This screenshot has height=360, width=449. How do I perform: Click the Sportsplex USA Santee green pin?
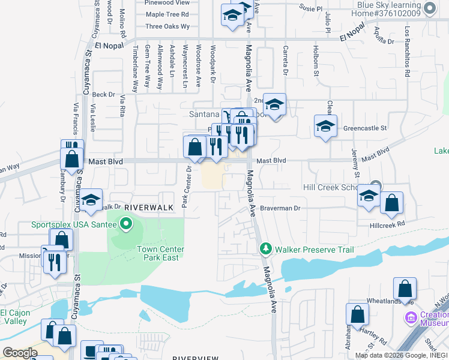coord(125,225)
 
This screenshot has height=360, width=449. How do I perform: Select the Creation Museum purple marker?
coord(411,317)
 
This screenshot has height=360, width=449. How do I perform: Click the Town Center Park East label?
coord(160,253)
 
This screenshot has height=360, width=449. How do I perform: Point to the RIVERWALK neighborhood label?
coord(148,207)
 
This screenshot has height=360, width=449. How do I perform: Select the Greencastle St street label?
coord(365,128)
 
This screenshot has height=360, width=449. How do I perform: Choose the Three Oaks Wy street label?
coord(167,26)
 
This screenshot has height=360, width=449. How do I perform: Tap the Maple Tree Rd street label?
coord(167,14)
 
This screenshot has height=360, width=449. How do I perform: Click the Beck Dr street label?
coord(103,94)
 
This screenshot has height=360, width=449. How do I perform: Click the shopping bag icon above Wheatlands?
coord(405,288)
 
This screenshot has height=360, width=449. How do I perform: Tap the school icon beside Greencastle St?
coord(325,127)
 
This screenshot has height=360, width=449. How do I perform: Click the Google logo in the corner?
coord(20,353)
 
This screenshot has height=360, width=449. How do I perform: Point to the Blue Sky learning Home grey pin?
coord(429,8)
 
